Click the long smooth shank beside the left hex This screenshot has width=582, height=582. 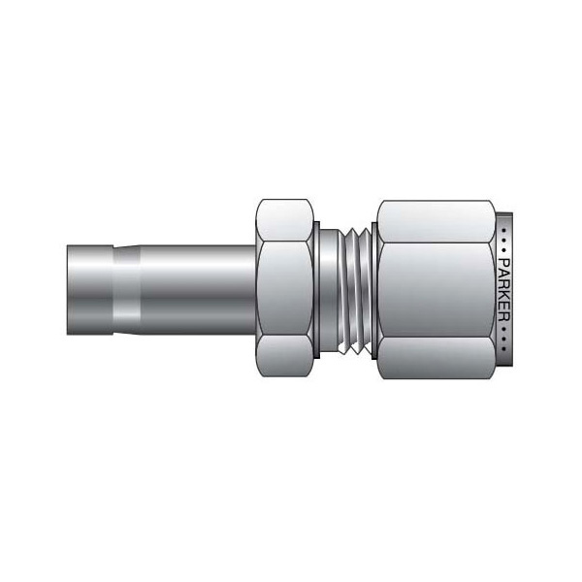tap(194, 290)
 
